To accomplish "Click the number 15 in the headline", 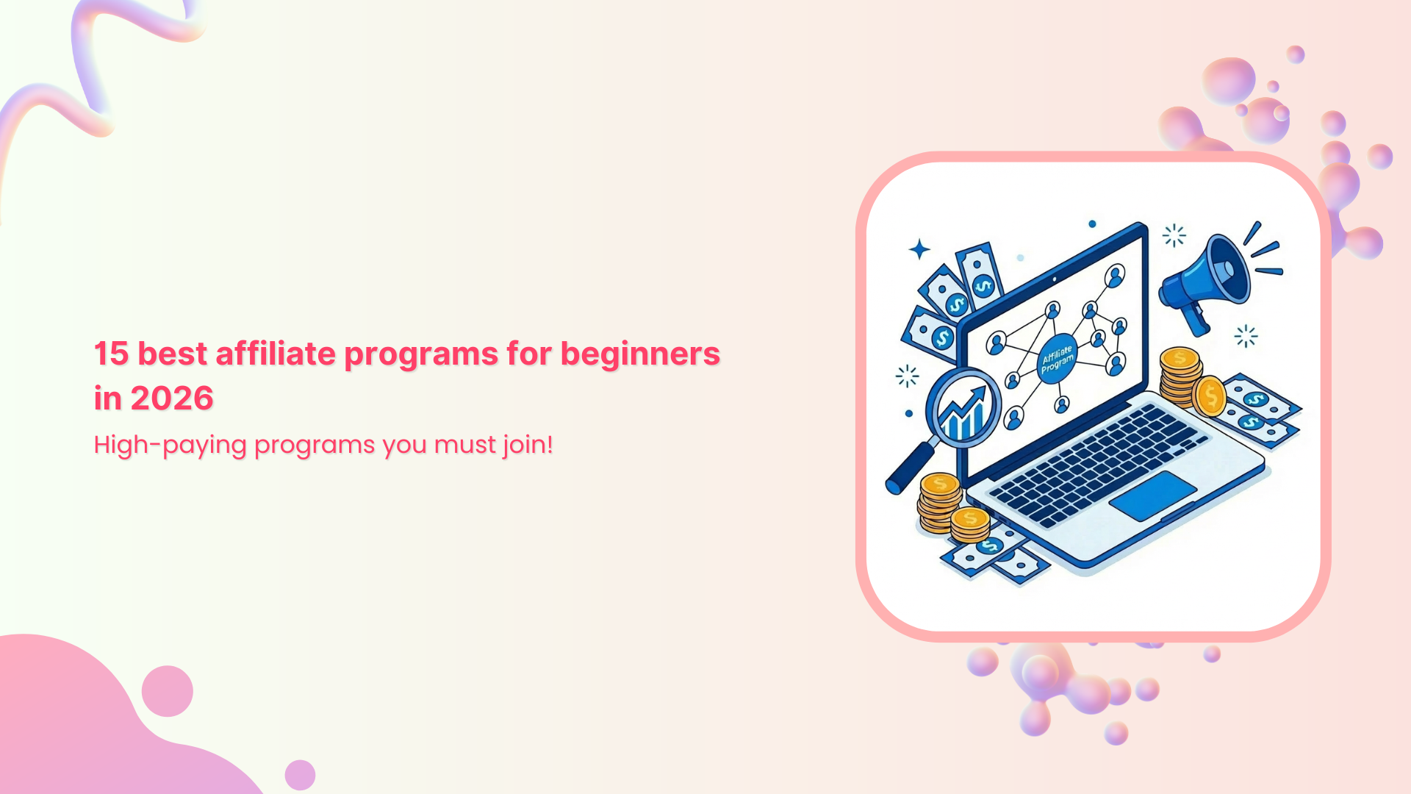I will click(x=112, y=354).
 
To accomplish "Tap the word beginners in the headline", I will click(x=640, y=354).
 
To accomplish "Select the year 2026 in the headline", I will click(x=172, y=398).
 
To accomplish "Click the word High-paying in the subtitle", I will click(x=170, y=445).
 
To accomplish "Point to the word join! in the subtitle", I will click(x=528, y=445).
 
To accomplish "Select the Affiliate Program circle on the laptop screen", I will click(x=1058, y=360).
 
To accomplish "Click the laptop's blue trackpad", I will click(x=1152, y=496).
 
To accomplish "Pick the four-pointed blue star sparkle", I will click(x=919, y=250).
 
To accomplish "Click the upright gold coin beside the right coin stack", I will click(x=1210, y=396).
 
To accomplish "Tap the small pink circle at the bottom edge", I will click(x=300, y=775).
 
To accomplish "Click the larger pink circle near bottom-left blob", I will click(x=168, y=691).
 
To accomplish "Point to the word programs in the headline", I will click(x=421, y=354).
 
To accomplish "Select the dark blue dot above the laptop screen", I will click(x=1092, y=223).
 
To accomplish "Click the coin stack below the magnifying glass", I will click(x=939, y=504).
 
